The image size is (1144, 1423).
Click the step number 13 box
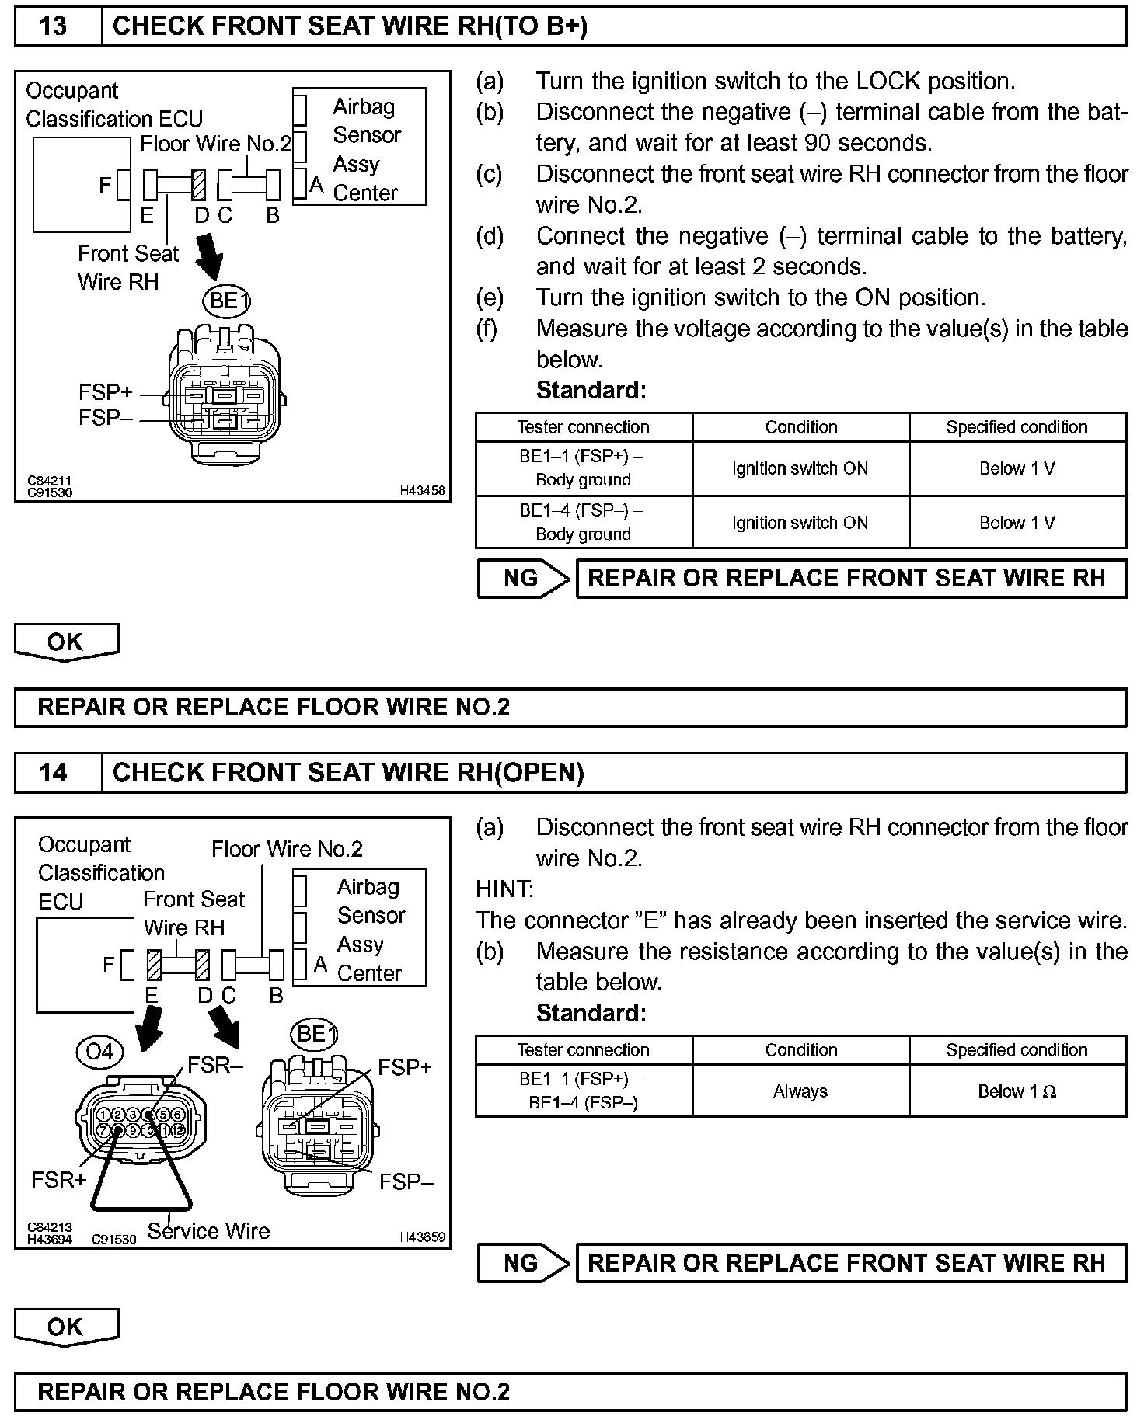(x=54, y=26)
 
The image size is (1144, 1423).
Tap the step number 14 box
(x=54, y=773)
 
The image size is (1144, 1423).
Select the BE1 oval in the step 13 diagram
(x=227, y=301)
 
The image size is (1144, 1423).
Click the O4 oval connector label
(x=100, y=1052)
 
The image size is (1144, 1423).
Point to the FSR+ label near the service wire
(x=58, y=1180)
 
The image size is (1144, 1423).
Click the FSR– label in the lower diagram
(x=215, y=1065)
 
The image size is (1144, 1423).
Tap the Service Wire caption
(x=208, y=1231)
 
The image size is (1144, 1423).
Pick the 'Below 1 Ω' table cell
(x=1017, y=1091)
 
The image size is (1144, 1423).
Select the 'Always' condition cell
(x=800, y=1091)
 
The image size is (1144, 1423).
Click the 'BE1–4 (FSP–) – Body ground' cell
(x=583, y=522)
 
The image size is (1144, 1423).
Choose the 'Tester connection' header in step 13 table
(x=583, y=427)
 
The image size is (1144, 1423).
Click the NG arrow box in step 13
(x=523, y=579)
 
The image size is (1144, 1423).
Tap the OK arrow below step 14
(x=66, y=1327)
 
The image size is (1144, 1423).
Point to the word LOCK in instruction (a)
(x=888, y=82)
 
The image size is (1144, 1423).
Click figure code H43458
(x=422, y=490)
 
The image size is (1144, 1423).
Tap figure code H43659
(x=422, y=1237)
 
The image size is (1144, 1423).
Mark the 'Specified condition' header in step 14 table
(x=1017, y=1050)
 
